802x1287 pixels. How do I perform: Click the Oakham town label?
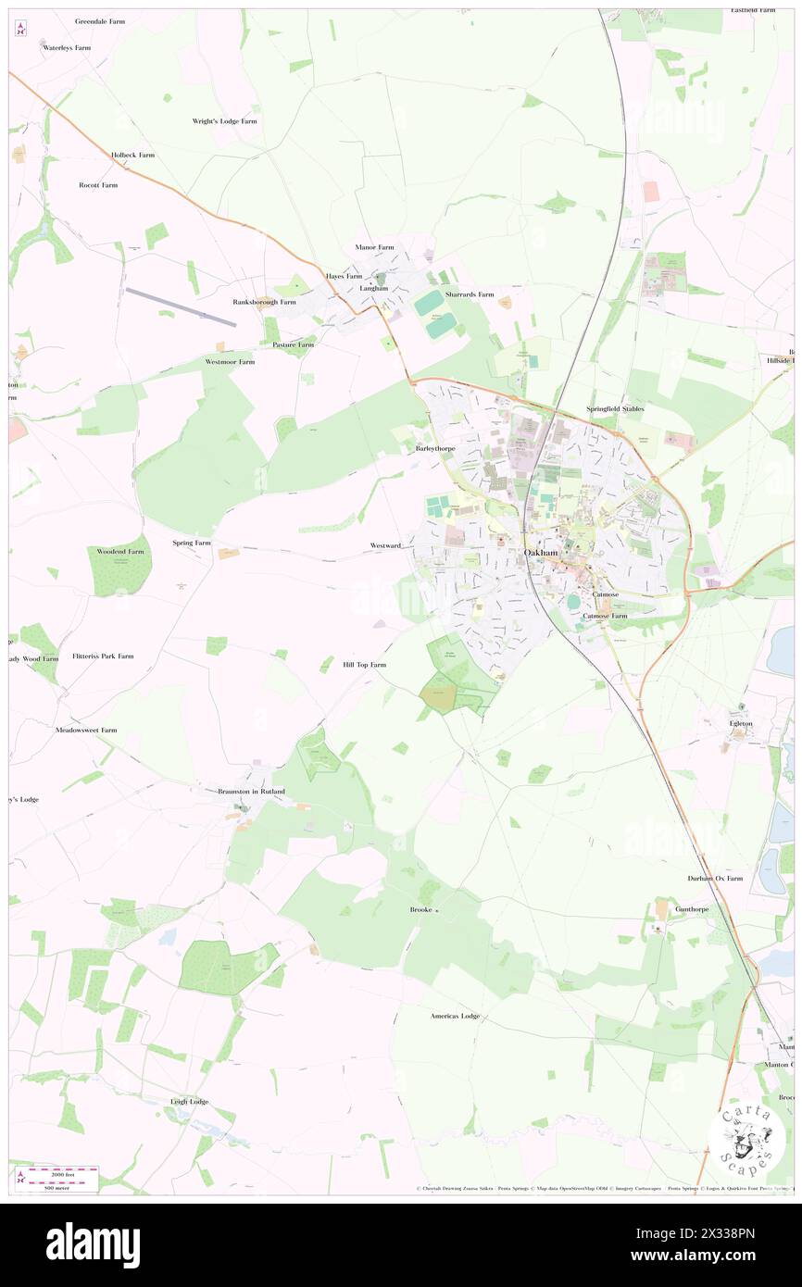tap(541, 553)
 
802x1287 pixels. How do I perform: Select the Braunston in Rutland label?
tap(251, 792)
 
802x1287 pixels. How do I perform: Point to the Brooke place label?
tap(421, 910)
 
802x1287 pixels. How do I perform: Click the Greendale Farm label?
tap(99, 20)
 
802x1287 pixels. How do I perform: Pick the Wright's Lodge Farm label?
tap(224, 121)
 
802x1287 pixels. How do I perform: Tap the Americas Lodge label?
tap(455, 1016)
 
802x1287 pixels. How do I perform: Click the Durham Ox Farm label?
tap(715, 878)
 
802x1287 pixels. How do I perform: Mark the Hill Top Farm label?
tap(364, 665)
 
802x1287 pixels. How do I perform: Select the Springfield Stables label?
tap(615, 408)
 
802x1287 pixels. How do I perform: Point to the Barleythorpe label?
tap(434, 447)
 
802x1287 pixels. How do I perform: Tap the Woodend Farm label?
tap(121, 551)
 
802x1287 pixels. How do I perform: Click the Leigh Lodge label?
tap(189, 1102)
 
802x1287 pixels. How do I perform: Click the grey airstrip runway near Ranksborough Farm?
tap(181, 306)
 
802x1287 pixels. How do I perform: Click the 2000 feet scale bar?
tap(58, 1172)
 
